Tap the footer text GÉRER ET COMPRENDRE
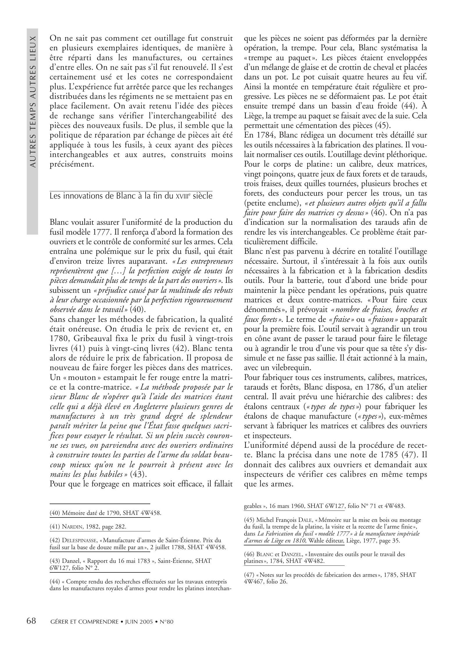click(x=84, y=621)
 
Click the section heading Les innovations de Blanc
click(x=131, y=196)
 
